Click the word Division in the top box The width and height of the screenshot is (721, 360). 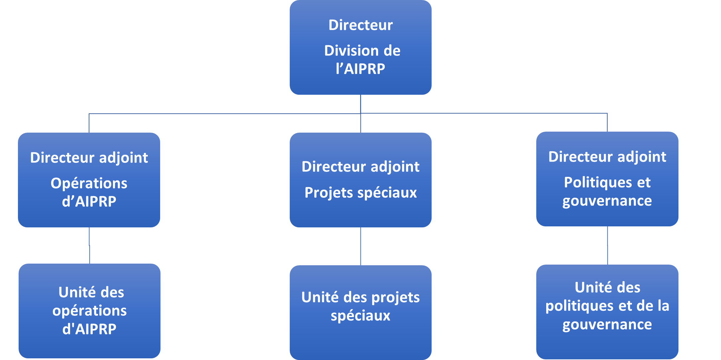tap(347, 51)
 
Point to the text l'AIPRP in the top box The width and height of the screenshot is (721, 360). tap(360, 69)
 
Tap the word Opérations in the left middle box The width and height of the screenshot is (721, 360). tap(89, 183)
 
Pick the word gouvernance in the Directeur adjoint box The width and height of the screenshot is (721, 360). tap(607, 201)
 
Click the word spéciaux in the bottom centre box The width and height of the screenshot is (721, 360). tap(360, 316)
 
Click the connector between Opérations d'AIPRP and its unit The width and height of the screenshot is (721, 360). tap(89, 246)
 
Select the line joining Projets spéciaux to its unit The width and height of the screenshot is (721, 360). tap(360, 246)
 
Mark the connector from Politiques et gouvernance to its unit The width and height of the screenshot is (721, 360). tap(607, 246)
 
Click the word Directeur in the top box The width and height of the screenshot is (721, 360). tap(360, 25)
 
